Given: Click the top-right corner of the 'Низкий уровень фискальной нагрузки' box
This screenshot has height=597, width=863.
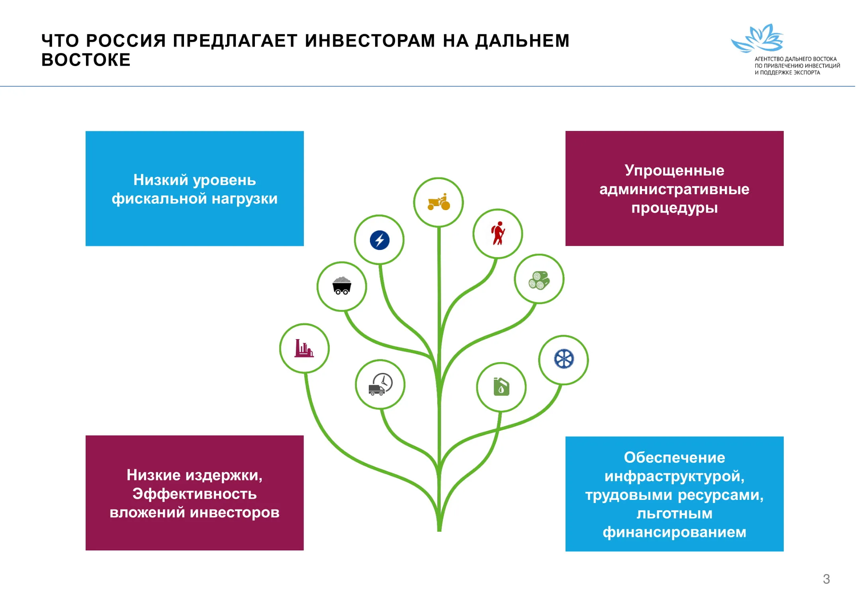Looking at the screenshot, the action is pyautogui.click(x=303, y=131).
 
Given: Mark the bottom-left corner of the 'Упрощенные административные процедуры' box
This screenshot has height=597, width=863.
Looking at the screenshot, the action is pyautogui.click(x=566, y=246).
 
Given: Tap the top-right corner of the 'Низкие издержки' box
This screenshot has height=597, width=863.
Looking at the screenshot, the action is pyautogui.click(x=303, y=436).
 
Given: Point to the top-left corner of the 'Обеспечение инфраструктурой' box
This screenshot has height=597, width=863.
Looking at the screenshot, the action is pyautogui.click(x=566, y=437).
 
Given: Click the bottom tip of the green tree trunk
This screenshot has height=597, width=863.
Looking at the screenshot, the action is pyautogui.click(x=439, y=531).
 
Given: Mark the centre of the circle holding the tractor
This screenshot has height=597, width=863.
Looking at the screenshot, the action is pyautogui.click(x=438, y=202).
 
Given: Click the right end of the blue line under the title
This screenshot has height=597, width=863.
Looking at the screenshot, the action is pyautogui.click(x=855, y=86).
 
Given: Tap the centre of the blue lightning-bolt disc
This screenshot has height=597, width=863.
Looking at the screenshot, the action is pyautogui.click(x=380, y=240).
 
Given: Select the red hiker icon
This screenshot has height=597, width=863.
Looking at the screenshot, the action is pyautogui.click(x=498, y=233).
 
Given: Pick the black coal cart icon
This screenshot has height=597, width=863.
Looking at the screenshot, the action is pyautogui.click(x=342, y=286).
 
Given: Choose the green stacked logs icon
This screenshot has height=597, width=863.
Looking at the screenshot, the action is pyautogui.click(x=539, y=280).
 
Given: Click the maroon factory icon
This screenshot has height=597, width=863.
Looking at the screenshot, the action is pyautogui.click(x=304, y=348).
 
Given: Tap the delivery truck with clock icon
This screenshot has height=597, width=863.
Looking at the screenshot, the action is pyautogui.click(x=381, y=384).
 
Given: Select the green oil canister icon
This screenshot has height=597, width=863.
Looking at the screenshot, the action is pyautogui.click(x=501, y=386).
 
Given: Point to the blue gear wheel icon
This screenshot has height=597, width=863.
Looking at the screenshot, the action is pyautogui.click(x=564, y=359).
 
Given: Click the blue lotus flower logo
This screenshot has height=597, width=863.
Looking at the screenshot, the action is pyautogui.click(x=757, y=38).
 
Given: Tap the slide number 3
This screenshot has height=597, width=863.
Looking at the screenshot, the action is pyautogui.click(x=826, y=579).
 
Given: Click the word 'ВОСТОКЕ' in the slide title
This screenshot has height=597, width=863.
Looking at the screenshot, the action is pyautogui.click(x=86, y=60).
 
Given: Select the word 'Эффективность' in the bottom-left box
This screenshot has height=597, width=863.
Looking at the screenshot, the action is pyautogui.click(x=195, y=494).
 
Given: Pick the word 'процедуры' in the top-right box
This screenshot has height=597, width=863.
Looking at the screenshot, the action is pyautogui.click(x=675, y=208).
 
